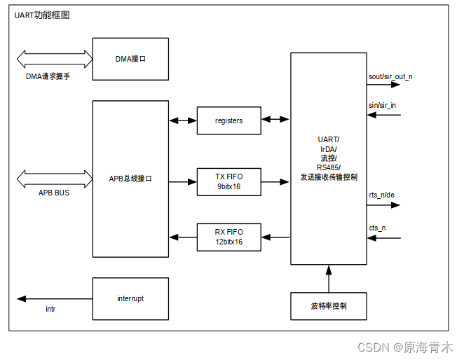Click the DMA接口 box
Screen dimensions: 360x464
pos(130,60)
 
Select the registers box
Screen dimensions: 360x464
pos(228,120)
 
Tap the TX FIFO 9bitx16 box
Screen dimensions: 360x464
pos(228,182)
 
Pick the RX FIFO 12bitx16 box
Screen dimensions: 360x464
pos(228,237)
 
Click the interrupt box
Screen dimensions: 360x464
pos(130,298)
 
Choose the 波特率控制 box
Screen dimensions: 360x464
pos(328,306)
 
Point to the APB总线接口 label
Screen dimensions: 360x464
pos(130,179)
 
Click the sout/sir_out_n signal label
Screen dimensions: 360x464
pos(390,76)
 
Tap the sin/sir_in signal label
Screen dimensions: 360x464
pos(382,105)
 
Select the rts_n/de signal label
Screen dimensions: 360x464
pos(382,196)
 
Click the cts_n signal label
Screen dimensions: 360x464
pos(377,228)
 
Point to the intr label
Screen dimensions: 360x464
pos(50,309)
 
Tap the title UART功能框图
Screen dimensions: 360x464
pos(42,15)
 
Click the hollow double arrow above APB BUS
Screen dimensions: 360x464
pos(55,177)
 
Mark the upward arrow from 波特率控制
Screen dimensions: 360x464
pos(328,279)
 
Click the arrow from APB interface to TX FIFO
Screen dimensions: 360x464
pos(182,182)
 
